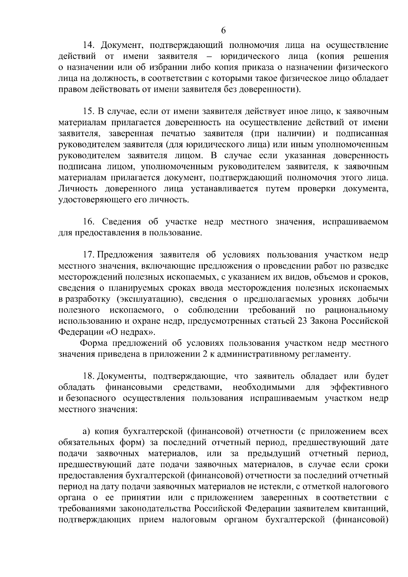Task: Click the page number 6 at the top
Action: click(x=223, y=30)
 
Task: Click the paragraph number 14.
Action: click(x=89, y=45)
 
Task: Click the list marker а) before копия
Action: click(x=86, y=432)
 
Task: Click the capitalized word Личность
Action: click(x=78, y=189)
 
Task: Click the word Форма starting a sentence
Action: click(x=94, y=343)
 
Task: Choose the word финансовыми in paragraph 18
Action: click(x=134, y=388)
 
